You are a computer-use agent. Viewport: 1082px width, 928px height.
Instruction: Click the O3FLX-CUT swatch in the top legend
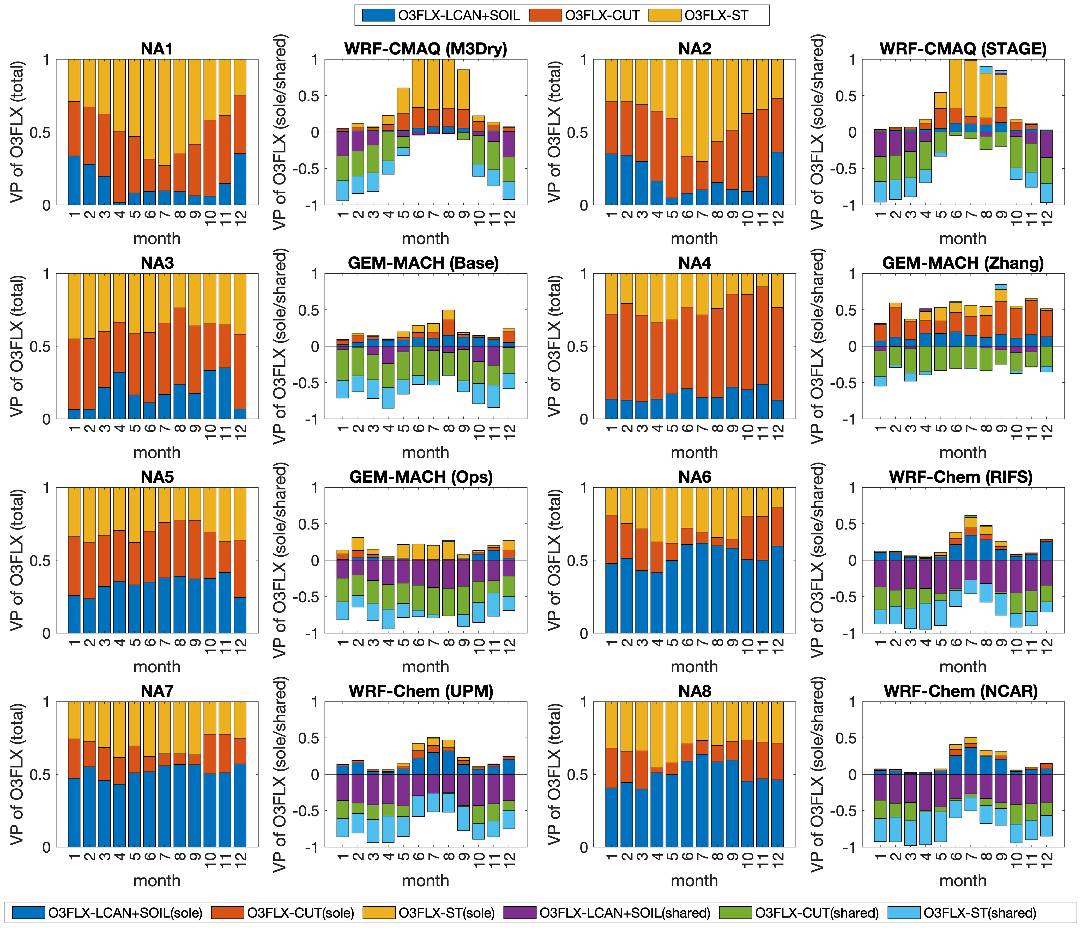[x=545, y=15]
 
